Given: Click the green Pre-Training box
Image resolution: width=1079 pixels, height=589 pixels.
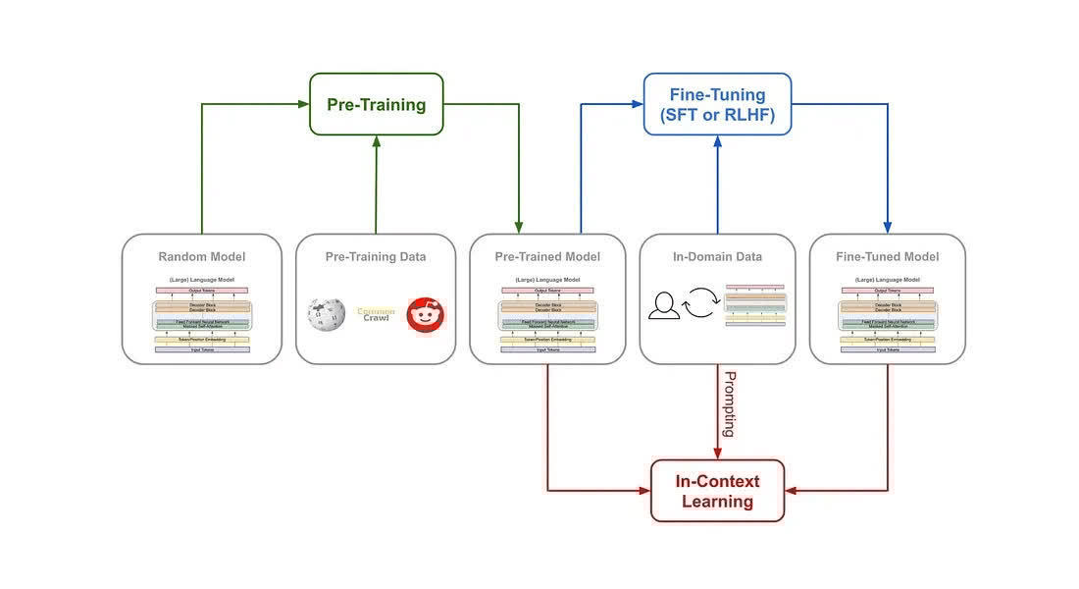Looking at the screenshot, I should click(377, 104).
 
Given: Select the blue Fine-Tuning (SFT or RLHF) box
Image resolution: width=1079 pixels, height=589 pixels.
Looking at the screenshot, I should click(717, 104).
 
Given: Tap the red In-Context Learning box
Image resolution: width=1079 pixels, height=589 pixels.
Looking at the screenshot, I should click(717, 491).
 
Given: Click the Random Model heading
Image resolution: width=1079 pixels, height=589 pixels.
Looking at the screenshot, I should click(202, 257).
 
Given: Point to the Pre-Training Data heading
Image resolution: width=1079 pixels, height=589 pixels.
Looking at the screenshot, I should click(376, 257).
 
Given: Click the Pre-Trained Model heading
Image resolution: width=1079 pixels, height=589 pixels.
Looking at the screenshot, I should click(547, 257).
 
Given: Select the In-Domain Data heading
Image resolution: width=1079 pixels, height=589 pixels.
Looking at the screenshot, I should click(717, 257).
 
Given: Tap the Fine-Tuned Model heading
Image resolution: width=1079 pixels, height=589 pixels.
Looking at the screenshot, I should click(888, 257).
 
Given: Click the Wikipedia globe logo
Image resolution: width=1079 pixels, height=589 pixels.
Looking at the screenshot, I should click(327, 315).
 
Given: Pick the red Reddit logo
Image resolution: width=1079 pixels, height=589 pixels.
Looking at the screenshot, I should click(426, 314).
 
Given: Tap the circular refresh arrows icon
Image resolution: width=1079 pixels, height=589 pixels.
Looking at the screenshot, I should click(701, 303).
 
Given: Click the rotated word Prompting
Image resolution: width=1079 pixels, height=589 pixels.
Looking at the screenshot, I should click(729, 403).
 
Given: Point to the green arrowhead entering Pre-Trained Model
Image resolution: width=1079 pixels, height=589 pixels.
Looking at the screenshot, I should click(520, 227).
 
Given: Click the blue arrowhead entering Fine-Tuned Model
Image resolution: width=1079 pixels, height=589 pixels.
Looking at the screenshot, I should click(888, 227).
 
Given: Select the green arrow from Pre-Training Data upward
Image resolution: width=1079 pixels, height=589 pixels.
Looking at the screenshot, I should click(376, 187).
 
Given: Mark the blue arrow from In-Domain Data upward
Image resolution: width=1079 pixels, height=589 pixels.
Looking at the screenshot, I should click(717, 187).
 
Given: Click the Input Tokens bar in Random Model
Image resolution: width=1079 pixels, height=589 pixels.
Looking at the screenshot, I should click(202, 349).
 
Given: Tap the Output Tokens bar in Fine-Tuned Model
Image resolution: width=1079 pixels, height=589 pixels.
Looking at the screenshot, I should click(888, 291).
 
